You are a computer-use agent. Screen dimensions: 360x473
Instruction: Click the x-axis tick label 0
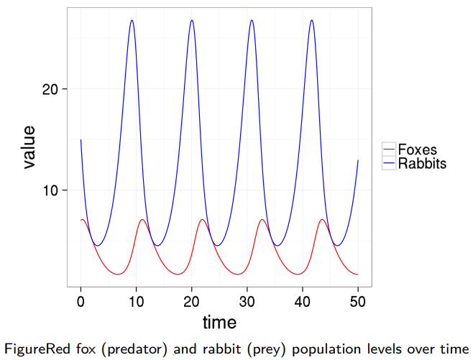pyautogui.click(x=81, y=301)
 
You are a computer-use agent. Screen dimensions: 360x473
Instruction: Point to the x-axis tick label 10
pyautogui.click(x=136, y=301)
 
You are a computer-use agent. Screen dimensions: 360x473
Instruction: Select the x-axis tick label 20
pyautogui.click(x=192, y=301)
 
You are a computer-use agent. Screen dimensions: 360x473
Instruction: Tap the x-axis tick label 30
pyautogui.click(x=247, y=301)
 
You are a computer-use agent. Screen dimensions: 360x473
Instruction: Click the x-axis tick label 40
pyautogui.click(x=303, y=301)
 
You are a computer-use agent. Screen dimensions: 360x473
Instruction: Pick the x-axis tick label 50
pyautogui.click(x=358, y=301)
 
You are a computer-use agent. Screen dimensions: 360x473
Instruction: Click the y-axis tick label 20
pyautogui.click(x=50, y=89)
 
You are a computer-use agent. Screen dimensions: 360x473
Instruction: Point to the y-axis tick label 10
pyautogui.click(x=50, y=190)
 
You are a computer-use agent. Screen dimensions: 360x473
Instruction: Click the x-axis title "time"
pyautogui.click(x=219, y=321)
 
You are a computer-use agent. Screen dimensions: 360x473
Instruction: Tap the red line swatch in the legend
pyautogui.click(x=389, y=150)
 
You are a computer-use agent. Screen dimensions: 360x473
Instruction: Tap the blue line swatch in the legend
pyautogui.click(x=389, y=164)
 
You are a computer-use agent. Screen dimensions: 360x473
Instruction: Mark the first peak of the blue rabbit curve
pyautogui.click(x=132, y=20)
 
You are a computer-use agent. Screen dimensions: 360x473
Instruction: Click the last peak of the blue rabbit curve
pyautogui.click(x=311, y=20)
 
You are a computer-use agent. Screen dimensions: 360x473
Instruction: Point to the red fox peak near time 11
pyautogui.click(x=142, y=220)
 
